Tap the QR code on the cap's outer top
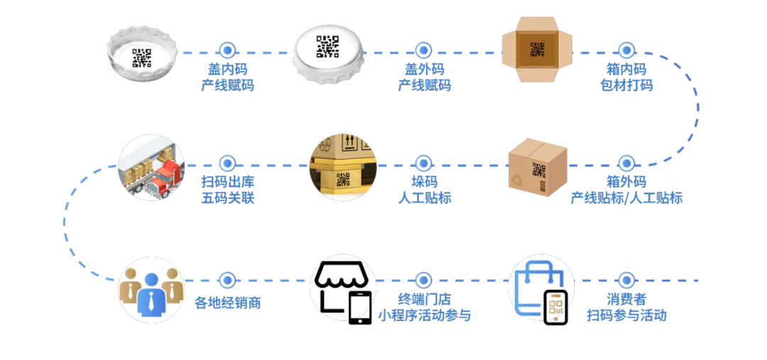tap(327, 47)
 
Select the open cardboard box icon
tap(538, 51)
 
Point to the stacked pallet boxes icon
tap(342, 168)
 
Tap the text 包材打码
tap(625, 87)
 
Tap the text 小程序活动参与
tap(424, 315)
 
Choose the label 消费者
tap(626, 300)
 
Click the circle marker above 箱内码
tap(625, 50)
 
